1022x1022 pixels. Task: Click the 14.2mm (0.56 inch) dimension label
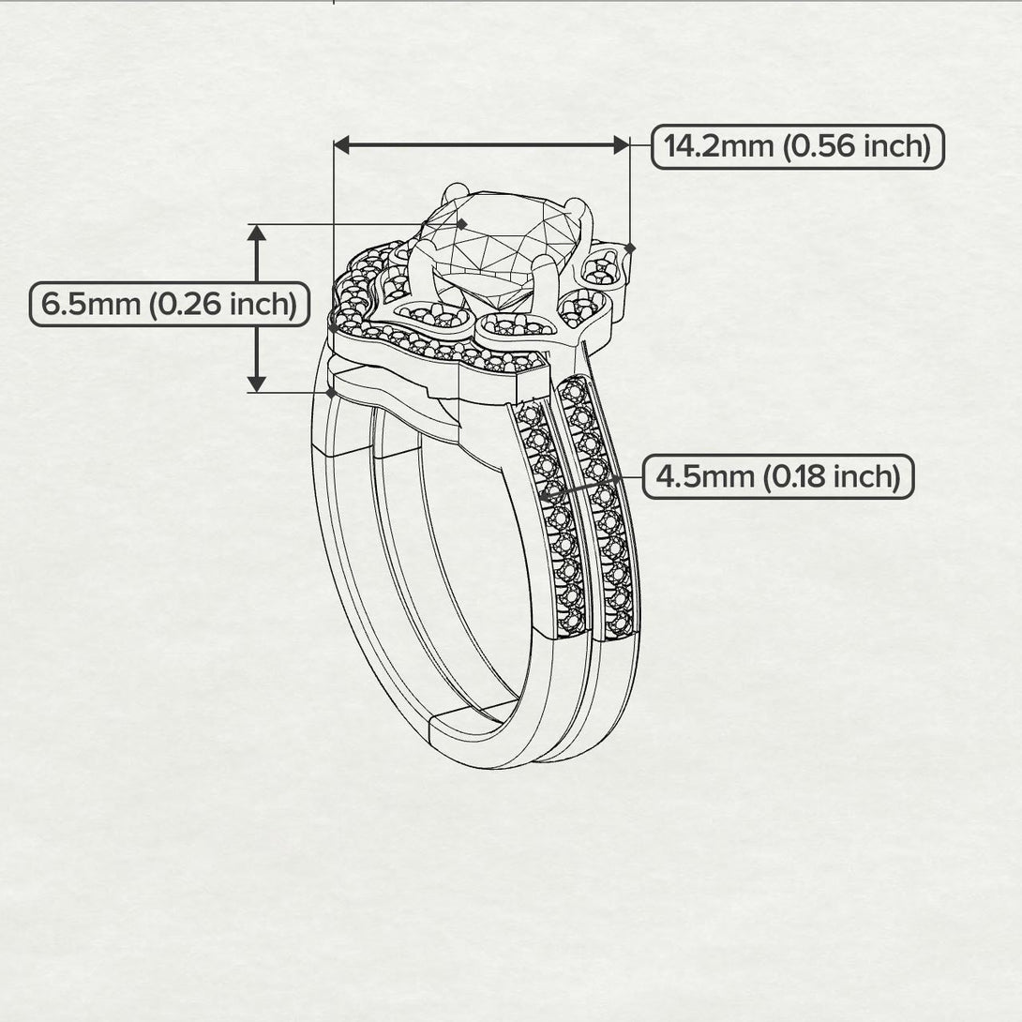click(x=797, y=146)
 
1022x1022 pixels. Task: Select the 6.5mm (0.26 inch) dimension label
click(x=170, y=305)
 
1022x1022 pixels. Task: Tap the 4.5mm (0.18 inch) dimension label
click(x=778, y=476)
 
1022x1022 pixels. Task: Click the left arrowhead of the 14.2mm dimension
click(x=341, y=145)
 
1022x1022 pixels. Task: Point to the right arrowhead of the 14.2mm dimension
click(x=621, y=145)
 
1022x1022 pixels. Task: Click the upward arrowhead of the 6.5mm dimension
click(x=257, y=233)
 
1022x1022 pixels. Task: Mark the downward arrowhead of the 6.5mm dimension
click(x=257, y=383)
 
